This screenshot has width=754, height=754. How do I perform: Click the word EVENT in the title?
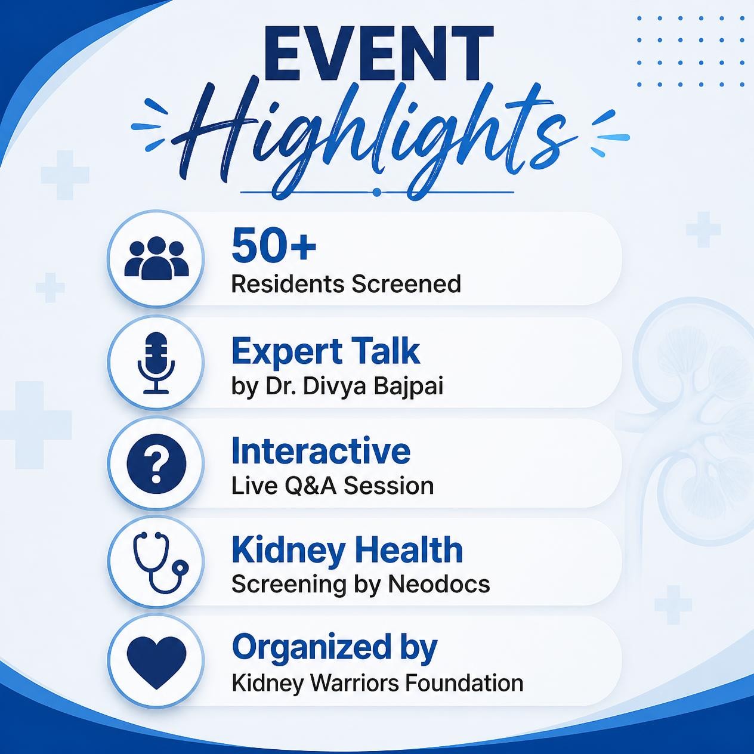378,55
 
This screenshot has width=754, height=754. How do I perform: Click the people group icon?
156,259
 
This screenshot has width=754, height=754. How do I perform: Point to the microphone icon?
156,363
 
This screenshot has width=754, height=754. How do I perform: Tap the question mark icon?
156,463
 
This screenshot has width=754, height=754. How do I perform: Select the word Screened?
406,284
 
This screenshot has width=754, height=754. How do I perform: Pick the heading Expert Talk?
326,352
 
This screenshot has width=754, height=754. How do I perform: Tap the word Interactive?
321,451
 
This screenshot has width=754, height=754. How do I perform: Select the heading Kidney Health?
347,550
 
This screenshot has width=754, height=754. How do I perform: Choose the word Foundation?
464,684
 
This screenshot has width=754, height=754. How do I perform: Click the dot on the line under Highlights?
377,192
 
